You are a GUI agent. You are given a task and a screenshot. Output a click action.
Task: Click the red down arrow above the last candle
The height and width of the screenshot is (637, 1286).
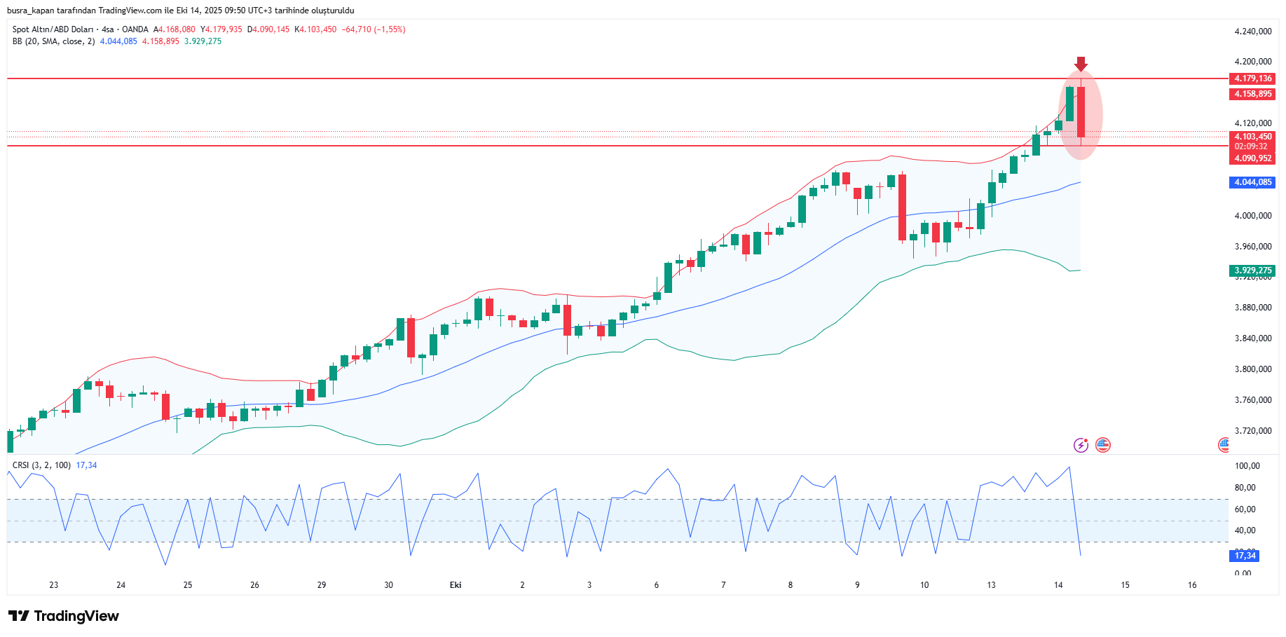[x=1081, y=64]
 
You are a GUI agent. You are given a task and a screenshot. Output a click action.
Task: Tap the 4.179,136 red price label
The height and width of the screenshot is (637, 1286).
[x=1252, y=78]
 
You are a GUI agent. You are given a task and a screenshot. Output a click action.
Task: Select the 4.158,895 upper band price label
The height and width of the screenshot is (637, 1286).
[x=1252, y=94]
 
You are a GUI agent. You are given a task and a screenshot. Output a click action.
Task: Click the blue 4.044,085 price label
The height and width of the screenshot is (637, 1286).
[x=1252, y=182]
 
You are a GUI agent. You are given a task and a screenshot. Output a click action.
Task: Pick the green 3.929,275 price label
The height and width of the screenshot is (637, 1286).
[x=1252, y=270]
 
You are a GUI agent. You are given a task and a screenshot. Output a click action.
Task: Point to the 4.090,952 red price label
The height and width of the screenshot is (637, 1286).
[x=1252, y=158]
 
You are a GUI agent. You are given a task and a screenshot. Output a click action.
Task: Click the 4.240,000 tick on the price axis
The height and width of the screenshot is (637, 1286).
[x=1252, y=32]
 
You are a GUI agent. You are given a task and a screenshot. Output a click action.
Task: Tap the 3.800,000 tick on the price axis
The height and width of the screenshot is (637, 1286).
[x=1252, y=369]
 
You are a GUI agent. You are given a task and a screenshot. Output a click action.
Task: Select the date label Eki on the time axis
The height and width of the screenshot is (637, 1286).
[x=456, y=585]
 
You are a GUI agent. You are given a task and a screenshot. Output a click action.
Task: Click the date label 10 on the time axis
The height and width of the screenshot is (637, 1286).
[x=924, y=585]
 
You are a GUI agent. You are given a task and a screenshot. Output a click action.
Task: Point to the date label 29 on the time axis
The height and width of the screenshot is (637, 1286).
[x=322, y=585]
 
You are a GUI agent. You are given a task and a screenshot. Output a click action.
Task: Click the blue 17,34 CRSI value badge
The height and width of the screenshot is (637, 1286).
[x=1245, y=556]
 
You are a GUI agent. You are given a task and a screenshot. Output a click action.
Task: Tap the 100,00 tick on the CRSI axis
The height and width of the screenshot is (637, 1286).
[x=1247, y=466]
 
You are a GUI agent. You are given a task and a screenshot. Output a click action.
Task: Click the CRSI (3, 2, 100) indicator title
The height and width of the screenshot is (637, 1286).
[x=41, y=465]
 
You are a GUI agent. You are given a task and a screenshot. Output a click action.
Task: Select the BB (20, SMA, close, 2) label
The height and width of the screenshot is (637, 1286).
[x=53, y=41]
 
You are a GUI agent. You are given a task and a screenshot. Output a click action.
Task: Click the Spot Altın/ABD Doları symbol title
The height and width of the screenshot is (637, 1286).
[x=53, y=29]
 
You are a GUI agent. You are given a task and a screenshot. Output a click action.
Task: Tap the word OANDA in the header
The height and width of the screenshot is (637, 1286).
[x=135, y=29]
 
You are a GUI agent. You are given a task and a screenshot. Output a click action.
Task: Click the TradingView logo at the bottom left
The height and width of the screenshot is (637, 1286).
[x=64, y=616]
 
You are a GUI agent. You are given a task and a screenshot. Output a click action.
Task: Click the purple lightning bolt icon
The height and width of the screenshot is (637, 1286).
[x=1081, y=445]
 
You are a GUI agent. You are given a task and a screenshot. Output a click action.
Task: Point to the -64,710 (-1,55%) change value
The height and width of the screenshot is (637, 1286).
[x=374, y=29]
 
